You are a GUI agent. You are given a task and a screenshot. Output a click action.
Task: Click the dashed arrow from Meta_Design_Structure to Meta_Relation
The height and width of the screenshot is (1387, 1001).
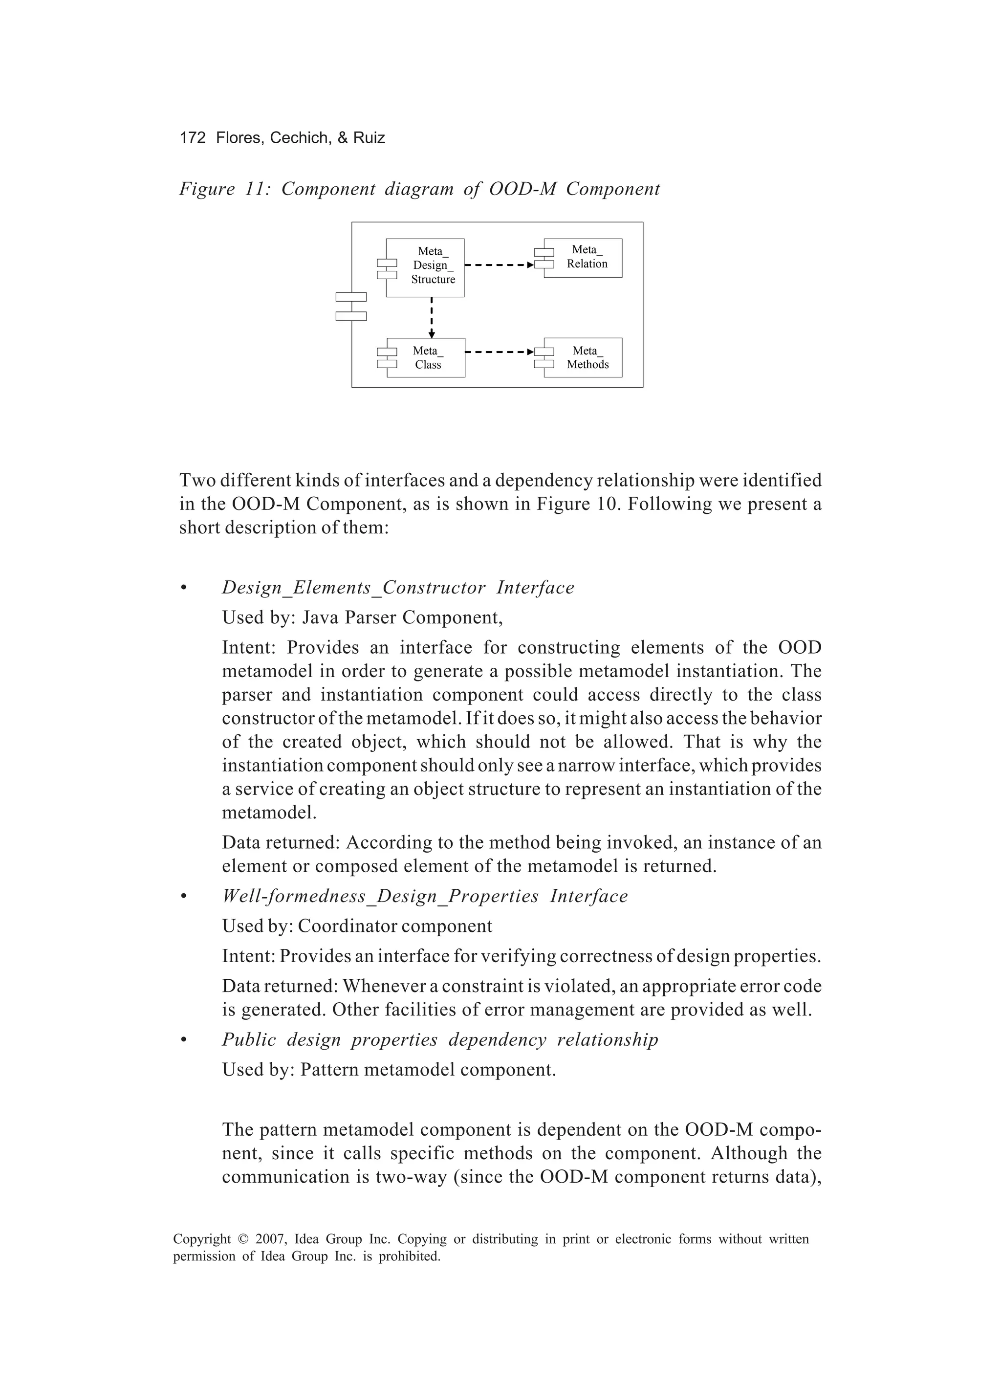[499, 265]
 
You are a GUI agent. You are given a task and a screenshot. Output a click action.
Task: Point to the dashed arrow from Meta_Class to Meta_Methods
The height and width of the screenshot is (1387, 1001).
[499, 352]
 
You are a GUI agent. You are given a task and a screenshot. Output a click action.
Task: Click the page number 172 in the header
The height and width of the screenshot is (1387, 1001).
[192, 137]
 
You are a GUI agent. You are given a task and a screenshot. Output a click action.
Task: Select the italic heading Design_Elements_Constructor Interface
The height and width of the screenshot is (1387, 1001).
[397, 588]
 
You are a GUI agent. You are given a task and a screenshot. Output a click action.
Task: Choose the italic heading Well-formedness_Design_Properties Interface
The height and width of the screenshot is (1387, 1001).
[424, 897]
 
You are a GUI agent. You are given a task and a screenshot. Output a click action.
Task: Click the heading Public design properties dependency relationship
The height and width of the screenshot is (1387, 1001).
[440, 1039]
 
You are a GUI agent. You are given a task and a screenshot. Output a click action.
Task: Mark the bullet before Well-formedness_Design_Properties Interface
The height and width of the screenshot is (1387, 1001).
[183, 897]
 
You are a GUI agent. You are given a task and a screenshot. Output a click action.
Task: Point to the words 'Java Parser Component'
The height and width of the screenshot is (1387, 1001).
[402, 617]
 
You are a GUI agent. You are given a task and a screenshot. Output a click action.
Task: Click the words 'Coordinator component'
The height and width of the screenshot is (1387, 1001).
[394, 926]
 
